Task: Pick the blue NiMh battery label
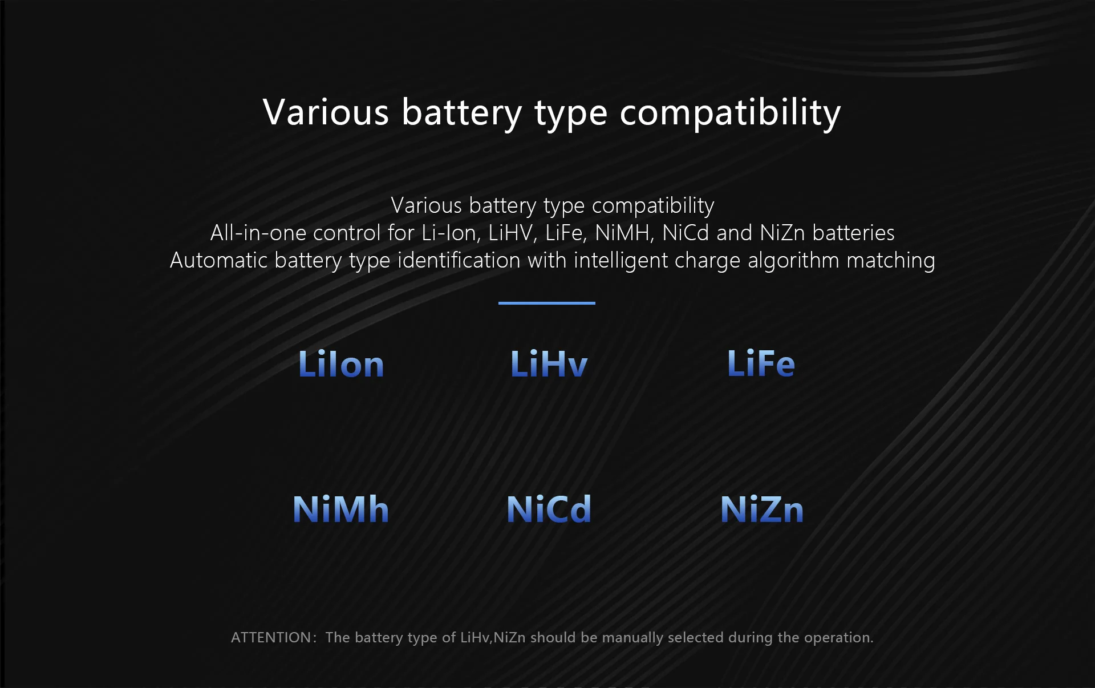tap(340, 509)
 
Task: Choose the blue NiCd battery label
tap(549, 509)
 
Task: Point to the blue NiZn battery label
tap(762, 509)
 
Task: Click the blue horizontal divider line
tap(546, 303)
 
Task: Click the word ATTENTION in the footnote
tap(271, 637)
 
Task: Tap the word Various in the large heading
tap(326, 112)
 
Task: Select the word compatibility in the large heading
tap(730, 113)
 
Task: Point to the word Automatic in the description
tap(218, 260)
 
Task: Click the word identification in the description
tap(459, 260)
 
